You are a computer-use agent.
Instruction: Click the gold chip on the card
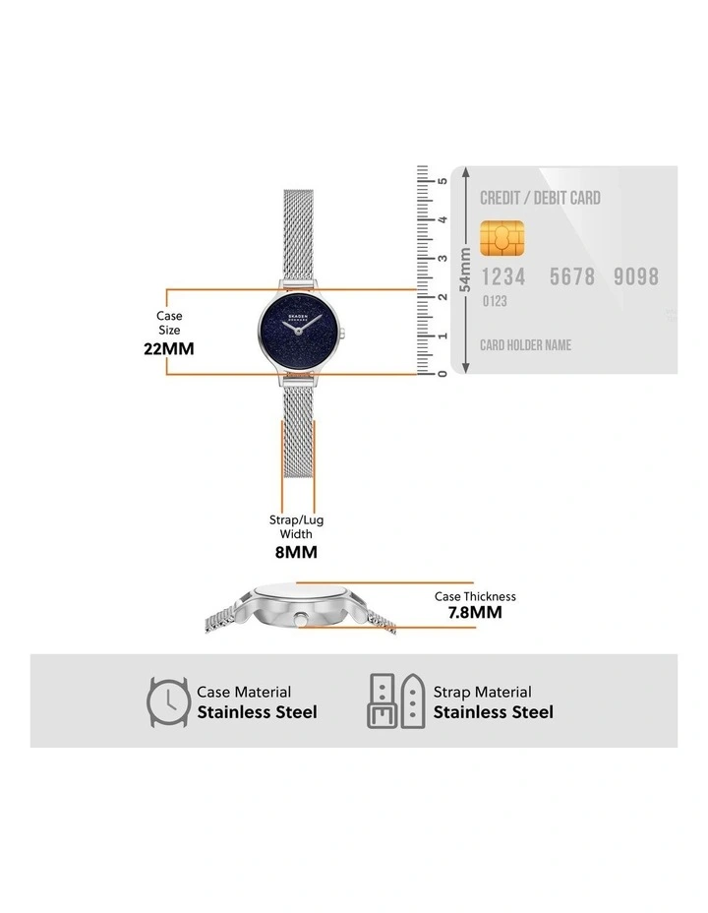502,238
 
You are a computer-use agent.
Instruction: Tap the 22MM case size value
169,349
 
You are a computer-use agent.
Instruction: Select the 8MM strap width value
296,552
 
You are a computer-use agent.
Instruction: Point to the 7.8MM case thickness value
475,612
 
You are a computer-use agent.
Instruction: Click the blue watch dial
299,332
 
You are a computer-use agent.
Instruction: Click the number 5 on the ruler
442,181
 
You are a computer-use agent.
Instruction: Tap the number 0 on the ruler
442,374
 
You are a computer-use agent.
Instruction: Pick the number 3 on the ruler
442,259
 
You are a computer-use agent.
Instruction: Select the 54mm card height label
465,270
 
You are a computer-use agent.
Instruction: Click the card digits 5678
572,276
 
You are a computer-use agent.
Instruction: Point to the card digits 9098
636,276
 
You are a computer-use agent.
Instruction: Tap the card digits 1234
503,276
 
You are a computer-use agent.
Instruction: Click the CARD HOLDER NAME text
525,345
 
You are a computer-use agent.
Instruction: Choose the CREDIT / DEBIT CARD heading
540,198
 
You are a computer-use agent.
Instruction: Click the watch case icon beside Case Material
168,701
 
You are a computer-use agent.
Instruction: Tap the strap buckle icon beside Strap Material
396,701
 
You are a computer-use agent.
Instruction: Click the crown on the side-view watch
301,619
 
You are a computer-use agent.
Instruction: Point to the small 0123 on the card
495,301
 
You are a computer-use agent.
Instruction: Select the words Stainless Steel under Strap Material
494,712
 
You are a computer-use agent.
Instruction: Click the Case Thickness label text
475,596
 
